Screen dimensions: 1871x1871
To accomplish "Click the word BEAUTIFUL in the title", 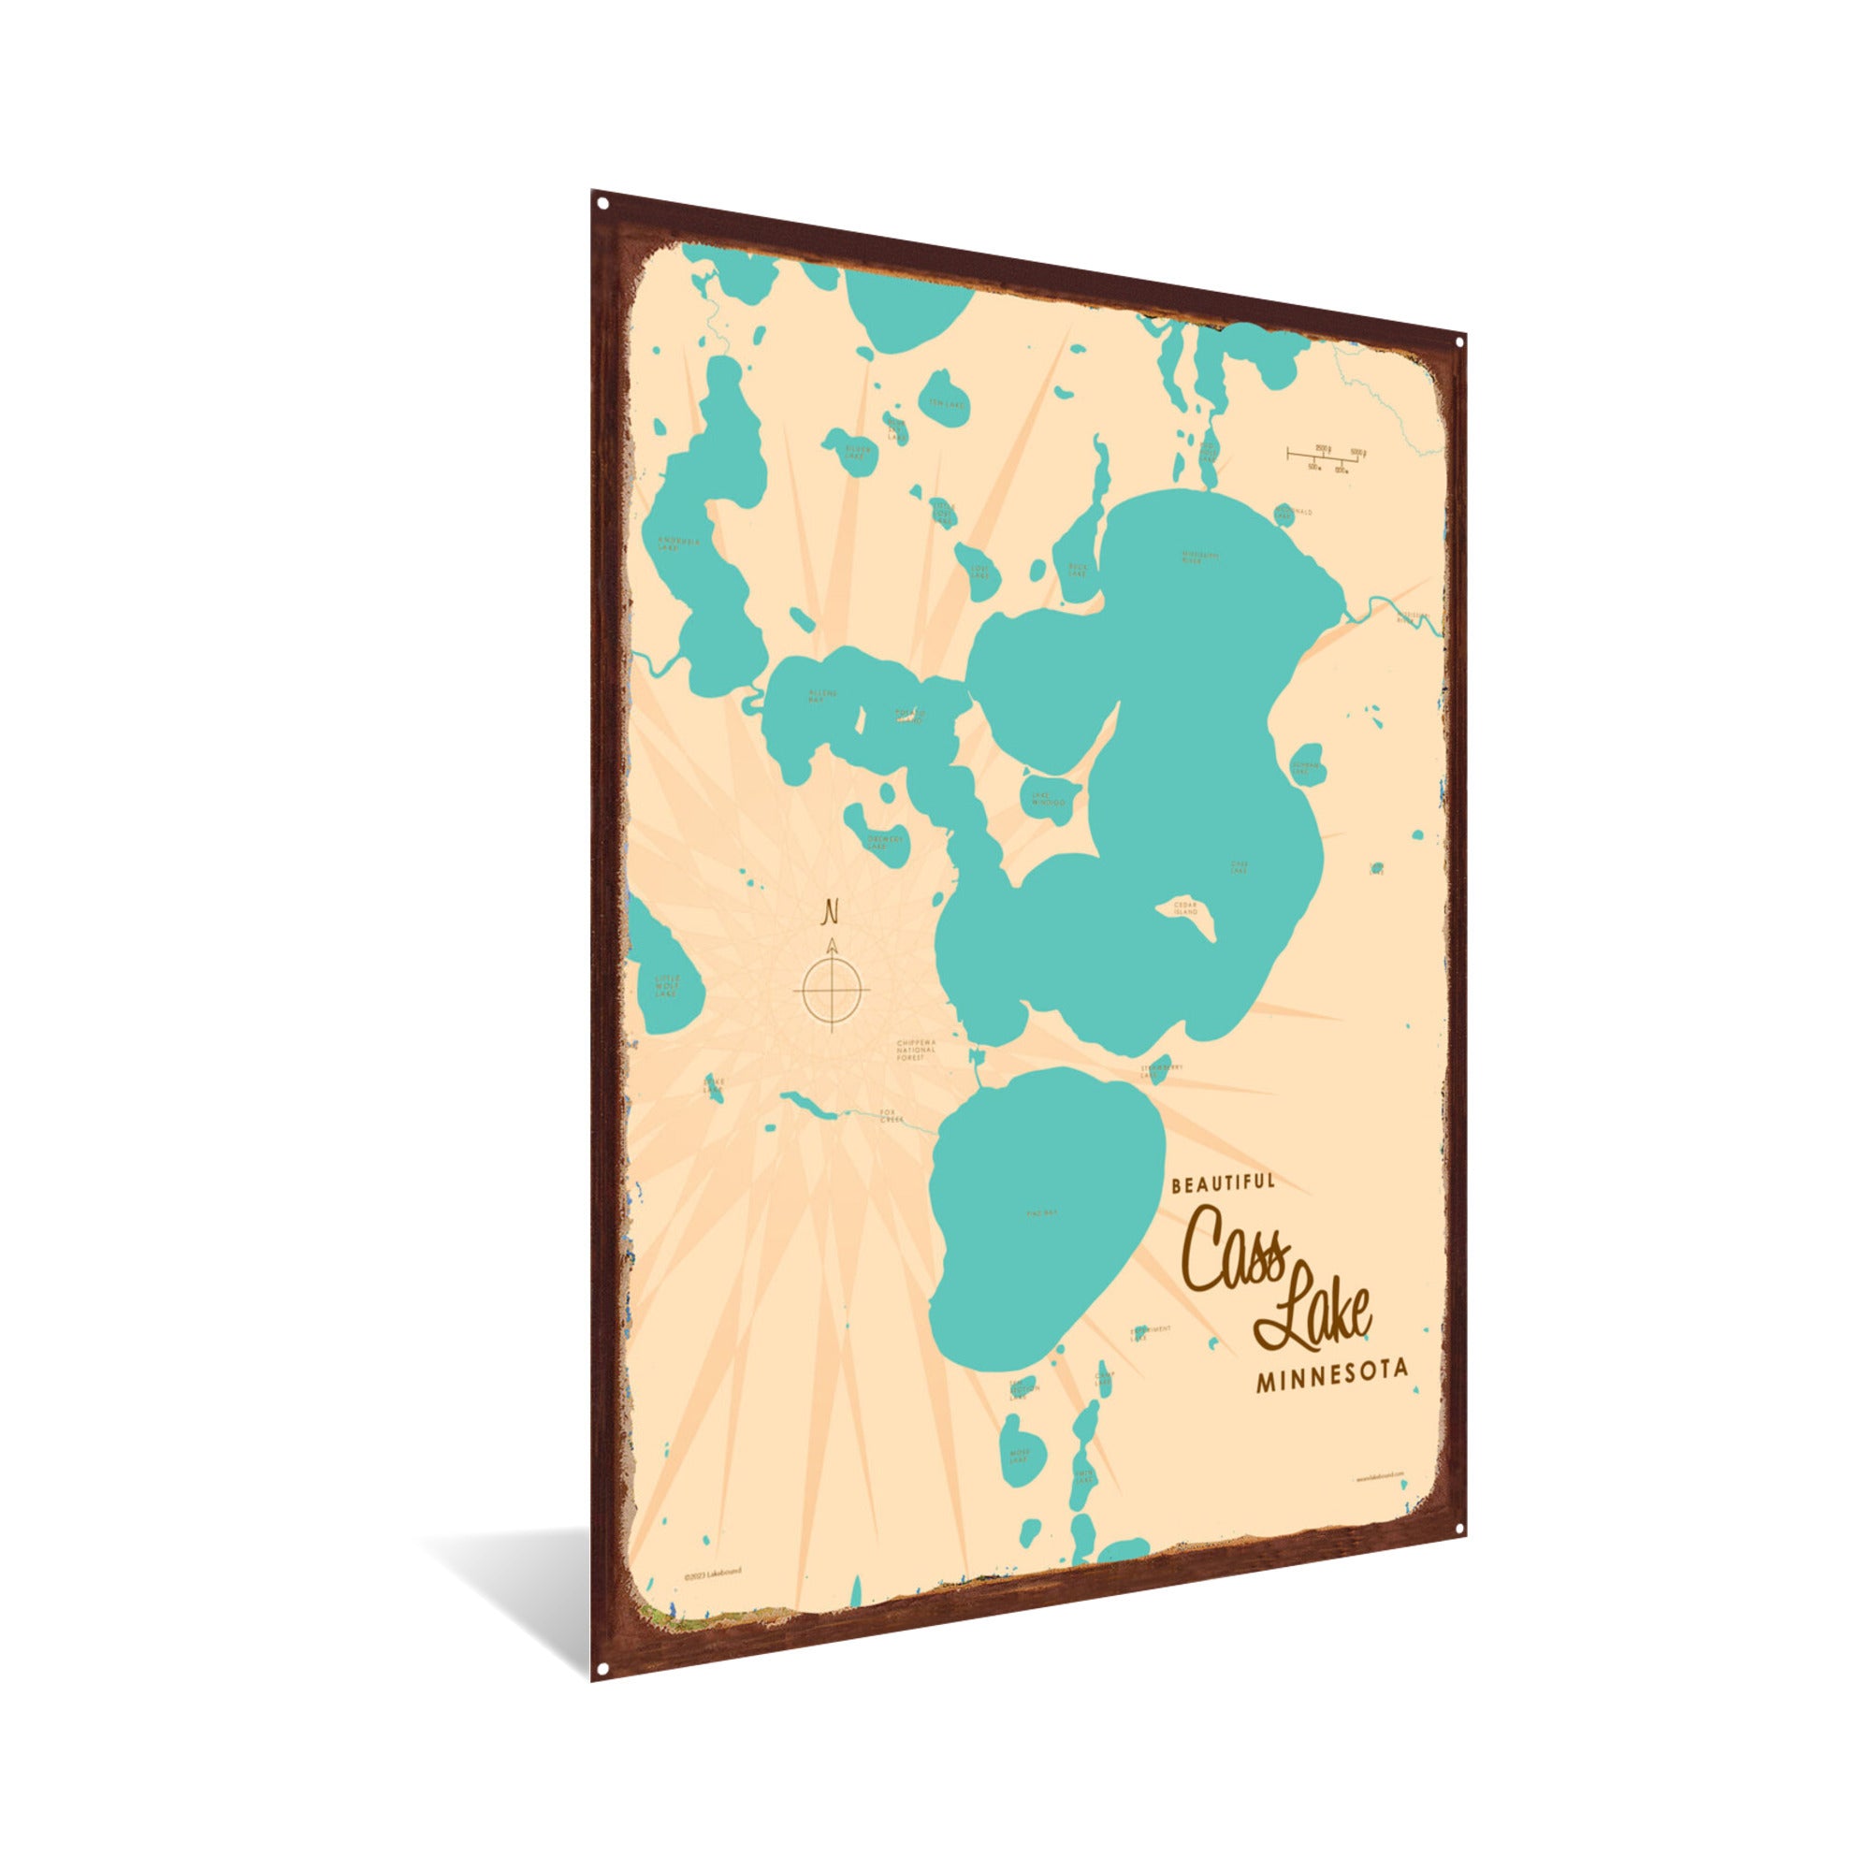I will [x=1223, y=1182].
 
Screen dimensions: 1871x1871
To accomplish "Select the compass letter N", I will [x=830, y=911].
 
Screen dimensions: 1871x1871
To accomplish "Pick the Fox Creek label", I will [x=890, y=1116].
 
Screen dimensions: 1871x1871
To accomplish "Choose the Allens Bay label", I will [x=822, y=695].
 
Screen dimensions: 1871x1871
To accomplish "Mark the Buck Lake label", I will [x=1078, y=570].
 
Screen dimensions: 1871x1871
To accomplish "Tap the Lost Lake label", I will [x=983, y=570].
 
